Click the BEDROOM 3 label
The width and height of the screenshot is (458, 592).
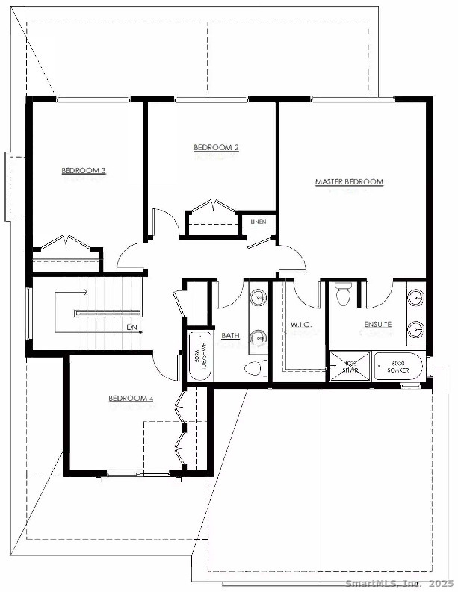point(84,171)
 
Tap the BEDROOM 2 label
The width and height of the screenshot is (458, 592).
point(216,148)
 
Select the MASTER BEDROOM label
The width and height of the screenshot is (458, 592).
point(349,181)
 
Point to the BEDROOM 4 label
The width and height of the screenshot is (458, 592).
point(131,399)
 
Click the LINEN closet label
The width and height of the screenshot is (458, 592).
point(259,222)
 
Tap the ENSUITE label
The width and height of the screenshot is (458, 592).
point(378,325)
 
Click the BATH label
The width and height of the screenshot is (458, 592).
point(230,336)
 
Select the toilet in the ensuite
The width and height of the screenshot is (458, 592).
point(343,295)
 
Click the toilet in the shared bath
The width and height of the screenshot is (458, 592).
point(256,367)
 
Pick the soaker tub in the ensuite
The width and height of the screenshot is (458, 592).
point(398,367)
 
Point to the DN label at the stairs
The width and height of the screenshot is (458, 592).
point(131,327)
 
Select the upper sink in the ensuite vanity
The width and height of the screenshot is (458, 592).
point(415,297)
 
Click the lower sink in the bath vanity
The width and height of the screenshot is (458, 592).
point(258,337)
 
